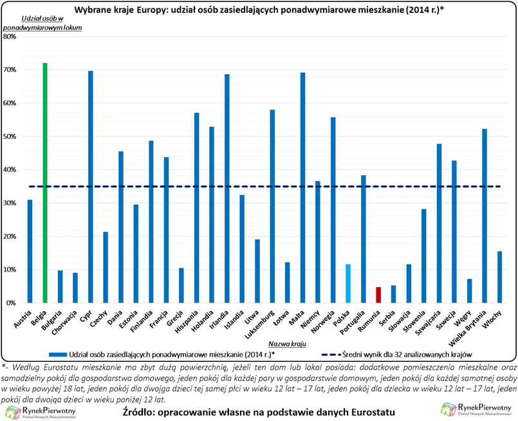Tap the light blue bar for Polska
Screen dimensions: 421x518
click(x=348, y=283)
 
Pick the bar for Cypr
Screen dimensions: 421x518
click(x=90, y=187)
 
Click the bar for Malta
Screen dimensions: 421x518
click(x=302, y=187)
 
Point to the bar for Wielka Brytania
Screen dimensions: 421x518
click(x=485, y=216)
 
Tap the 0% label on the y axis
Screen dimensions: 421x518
click(x=12, y=303)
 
